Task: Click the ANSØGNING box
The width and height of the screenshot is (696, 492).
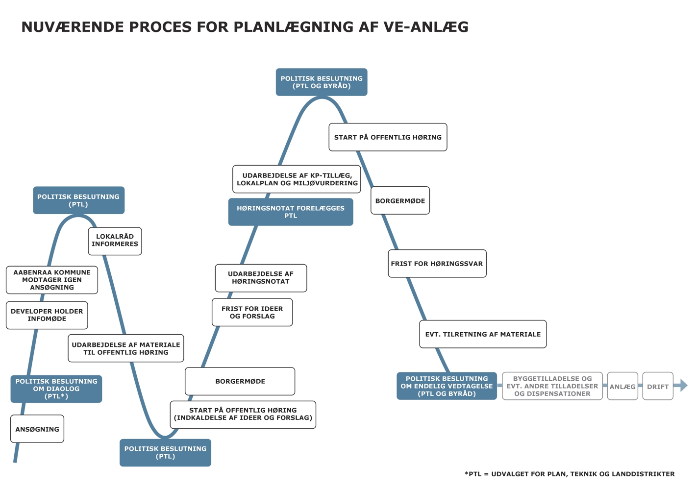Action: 37,429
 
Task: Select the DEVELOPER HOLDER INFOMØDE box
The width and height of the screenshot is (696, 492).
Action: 47,315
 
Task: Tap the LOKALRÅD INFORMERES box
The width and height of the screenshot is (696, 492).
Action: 115,241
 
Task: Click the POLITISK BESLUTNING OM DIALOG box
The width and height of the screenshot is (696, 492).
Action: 56,389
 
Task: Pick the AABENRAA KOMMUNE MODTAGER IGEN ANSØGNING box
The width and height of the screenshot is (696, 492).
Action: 52,280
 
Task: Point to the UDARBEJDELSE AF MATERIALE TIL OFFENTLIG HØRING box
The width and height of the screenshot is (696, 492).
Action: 126,348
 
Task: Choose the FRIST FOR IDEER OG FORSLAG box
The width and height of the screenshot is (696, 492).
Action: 252,312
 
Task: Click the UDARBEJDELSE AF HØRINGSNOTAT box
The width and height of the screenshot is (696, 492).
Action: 261,278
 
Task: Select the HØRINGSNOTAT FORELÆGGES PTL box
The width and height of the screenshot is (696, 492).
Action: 291,212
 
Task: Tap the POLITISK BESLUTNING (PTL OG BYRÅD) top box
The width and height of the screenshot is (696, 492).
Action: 322,82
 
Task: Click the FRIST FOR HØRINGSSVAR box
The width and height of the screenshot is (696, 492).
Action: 437,264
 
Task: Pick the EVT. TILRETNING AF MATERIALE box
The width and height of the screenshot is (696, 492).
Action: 483,334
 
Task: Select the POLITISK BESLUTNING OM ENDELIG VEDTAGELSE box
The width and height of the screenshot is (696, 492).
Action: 447,386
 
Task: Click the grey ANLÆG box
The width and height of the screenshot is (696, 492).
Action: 622,386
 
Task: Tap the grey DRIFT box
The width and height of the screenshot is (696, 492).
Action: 658,386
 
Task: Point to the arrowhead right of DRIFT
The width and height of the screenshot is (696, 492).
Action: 683,386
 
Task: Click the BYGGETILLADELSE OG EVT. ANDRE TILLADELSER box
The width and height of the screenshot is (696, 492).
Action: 552,386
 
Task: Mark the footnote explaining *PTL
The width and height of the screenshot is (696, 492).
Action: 570,474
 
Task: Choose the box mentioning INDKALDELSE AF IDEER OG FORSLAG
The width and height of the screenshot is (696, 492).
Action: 243,414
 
